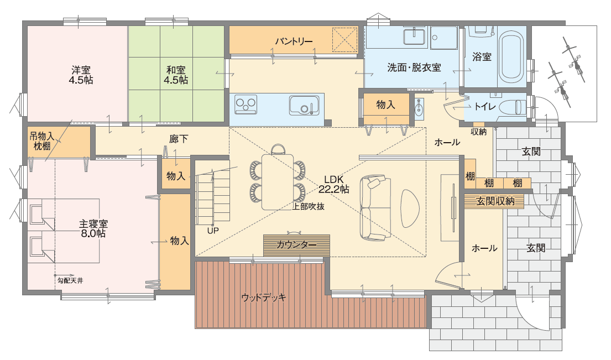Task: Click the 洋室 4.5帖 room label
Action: pyautogui.click(x=81, y=75)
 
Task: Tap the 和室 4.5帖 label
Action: pyautogui.click(x=176, y=75)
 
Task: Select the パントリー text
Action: pyautogui.click(x=294, y=41)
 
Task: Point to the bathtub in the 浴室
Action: pyautogui.click(x=511, y=57)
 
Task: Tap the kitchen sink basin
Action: pyautogui.click(x=304, y=105)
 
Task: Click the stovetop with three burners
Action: pyautogui.click(x=246, y=105)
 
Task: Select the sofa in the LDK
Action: pyautogui.click(x=375, y=208)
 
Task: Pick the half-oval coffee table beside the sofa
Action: pyautogui.click(x=410, y=208)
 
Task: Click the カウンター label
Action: pyautogui.click(x=296, y=244)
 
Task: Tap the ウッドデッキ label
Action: pyautogui.click(x=264, y=298)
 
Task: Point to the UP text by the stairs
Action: pyautogui.click(x=213, y=231)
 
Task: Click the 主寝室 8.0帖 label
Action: pyautogui.click(x=93, y=229)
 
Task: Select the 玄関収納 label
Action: pyautogui.click(x=495, y=201)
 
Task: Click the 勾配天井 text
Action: pyautogui.click(x=70, y=280)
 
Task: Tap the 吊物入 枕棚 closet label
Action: pyautogui.click(x=41, y=141)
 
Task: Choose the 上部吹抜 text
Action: pyautogui.click(x=308, y=206)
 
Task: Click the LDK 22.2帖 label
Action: pyautogui.click(x=333, y=184)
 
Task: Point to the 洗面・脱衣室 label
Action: pyautogui.click(x=414, y=67)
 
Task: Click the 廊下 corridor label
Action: pyautogui.click(x=179, y=139)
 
